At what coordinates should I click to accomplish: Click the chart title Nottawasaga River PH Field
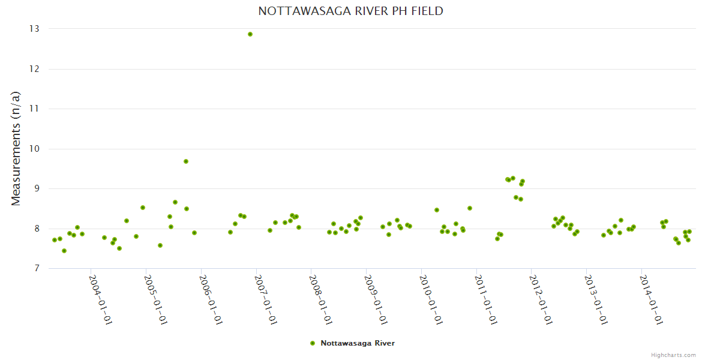pos(351,11)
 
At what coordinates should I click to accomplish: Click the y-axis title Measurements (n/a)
pos(16,149)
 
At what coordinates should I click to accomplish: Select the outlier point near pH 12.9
pos(250,34)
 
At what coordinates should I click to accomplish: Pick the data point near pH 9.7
pos(186,161)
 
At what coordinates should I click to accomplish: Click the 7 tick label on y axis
pos(36,269)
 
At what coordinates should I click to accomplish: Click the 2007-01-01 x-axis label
pos(266,299)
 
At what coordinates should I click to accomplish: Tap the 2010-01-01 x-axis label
pos(431,299)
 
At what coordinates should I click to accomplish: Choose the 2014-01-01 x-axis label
pos(651,299)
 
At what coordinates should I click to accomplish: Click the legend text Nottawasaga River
pos(358,343)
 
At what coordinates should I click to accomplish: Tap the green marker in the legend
pos(312,343)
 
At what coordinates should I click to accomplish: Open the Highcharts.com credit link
pos(673,355)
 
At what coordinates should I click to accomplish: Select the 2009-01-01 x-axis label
pos(376,299)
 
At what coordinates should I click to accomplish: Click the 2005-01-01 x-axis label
pos(155,299)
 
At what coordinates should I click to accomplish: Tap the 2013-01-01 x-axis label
pos(596,299)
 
